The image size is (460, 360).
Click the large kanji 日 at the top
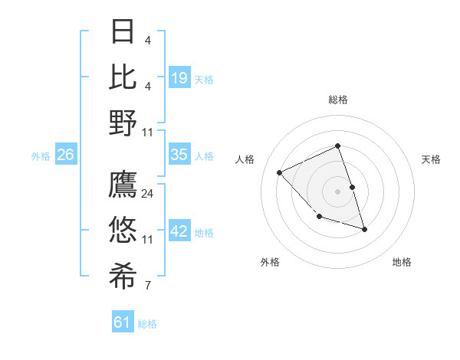click(123, 32)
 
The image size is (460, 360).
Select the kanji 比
click(123, 77)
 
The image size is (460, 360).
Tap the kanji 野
click(123, 123)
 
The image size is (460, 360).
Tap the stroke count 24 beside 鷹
click(148, 194)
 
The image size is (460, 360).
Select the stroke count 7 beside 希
click(148, 286)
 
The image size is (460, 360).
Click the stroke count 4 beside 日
click(148, 41)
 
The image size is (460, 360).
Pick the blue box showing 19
click(179, 78)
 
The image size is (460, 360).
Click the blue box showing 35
click(179, 155)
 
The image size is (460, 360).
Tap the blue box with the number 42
click(179, 231)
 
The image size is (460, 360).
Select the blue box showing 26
click(65, 155)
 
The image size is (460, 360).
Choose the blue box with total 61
click(123, 322)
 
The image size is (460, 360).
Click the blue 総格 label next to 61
click(147, 324)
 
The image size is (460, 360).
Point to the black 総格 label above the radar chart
click(338, 100)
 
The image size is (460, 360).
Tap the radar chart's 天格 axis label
click(432, 159)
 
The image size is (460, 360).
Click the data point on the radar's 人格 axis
click(280, 172)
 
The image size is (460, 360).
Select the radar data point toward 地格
click(364, 229)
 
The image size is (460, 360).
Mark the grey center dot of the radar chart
click(338, 191)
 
